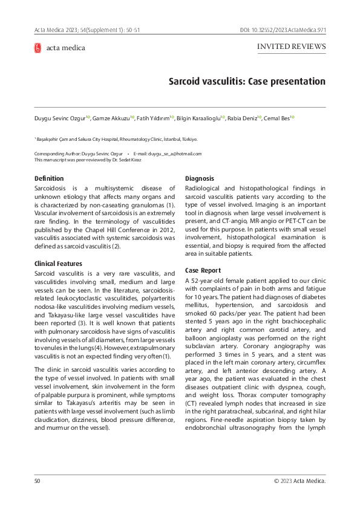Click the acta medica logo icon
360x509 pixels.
tap(38, 48)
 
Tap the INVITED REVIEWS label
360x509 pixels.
tap(292, 47)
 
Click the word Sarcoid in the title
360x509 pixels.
tap(190, 81)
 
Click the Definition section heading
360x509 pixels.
tap(49, 179)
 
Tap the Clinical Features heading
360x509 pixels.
tap(58, 264)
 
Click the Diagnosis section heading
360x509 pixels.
tap(200, 179)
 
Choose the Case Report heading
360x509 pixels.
tap(203, 271)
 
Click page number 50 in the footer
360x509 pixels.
tap(37, 481)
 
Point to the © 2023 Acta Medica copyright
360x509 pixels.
tap(299, 481)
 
